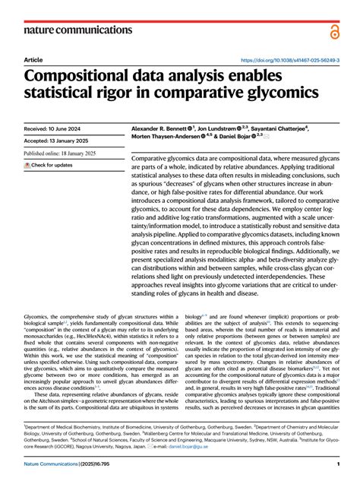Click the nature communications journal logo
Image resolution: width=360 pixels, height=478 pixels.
[x=70, y=30]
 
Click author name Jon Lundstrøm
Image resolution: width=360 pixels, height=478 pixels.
[x=226, y=130]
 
